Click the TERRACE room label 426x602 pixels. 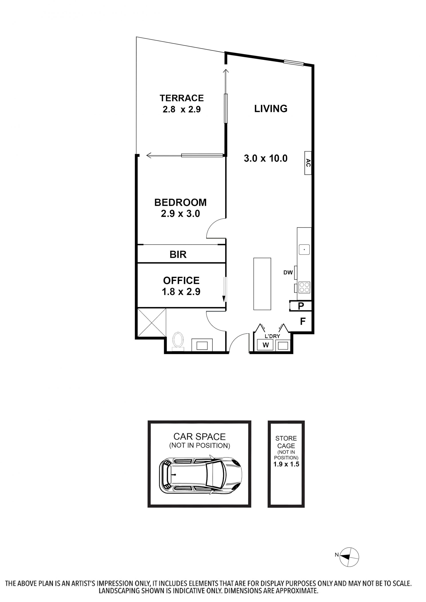(182, 98)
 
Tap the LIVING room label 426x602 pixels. (271, 108)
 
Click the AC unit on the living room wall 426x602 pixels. (308, 163)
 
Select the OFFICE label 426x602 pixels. (181, 280)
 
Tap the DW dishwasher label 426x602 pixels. (288, 272)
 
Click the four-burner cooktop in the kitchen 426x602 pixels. (304, 287)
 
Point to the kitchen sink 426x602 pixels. (304, 249)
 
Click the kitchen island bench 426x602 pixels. (262, 284)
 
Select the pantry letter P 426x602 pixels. (301, 306)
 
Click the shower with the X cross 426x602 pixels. (152, 322)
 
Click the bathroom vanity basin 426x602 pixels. (202, 345)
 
